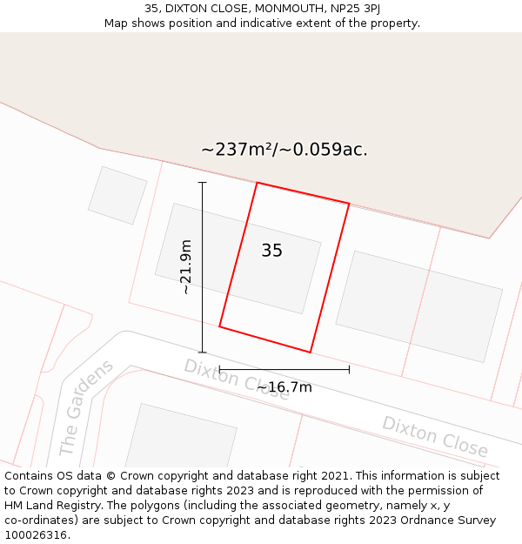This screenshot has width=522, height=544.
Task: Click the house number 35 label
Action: (x=271, y=251)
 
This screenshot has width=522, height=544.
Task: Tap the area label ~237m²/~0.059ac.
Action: (x=284, y=150)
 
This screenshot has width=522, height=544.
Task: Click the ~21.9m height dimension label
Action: (x=185, y=267)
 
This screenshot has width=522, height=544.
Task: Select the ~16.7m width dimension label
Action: (x=284, y=387)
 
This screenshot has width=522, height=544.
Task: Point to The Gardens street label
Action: (x=86, y=407)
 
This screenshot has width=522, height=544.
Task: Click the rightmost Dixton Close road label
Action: (x=435, y=436)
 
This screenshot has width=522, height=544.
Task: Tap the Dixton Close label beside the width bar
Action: (x=236, y=379)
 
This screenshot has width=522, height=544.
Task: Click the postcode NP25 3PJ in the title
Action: (x=354, y=9)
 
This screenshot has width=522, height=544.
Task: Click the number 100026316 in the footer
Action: (x=36, y=535)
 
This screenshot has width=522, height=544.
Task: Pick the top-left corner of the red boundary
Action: (x=257, y=183)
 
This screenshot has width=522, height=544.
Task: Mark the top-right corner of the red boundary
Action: (x=349, y=204)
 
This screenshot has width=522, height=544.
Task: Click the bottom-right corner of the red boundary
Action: (x=311, y=353)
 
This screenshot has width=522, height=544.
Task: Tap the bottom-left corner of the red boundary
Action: (x=219, y=327)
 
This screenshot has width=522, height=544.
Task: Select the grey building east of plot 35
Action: (x=418, y=306)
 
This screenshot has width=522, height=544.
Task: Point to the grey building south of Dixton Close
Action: (x=181, y=435)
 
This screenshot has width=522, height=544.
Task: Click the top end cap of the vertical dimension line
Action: (x=203, y=183)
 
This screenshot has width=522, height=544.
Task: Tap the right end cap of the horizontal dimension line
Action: (x=349, y=369)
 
